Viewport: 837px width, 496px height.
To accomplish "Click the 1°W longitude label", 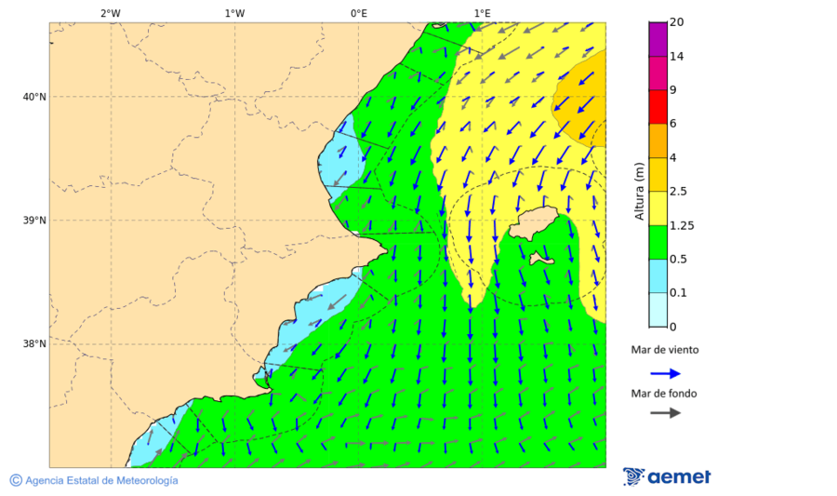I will (234, 13).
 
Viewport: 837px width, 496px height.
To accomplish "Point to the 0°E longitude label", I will (359, 13).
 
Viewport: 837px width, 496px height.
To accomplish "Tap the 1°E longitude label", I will (483, 13).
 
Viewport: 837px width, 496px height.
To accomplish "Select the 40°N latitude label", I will (34, 97).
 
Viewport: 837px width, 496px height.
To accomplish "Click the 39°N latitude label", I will (34, 221).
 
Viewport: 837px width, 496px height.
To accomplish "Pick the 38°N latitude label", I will (34, 343).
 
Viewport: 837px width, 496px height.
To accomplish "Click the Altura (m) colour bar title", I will (639, 191).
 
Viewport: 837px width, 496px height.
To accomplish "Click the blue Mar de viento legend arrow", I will (665, 373).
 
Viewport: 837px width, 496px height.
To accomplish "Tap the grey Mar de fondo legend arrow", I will (665, 413).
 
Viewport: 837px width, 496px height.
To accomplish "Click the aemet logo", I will (667, 476).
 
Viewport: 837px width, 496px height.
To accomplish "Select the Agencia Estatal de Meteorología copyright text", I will (94, 480).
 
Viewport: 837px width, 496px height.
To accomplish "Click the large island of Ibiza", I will (533, 223).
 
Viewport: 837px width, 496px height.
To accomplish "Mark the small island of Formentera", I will (542, 260).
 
